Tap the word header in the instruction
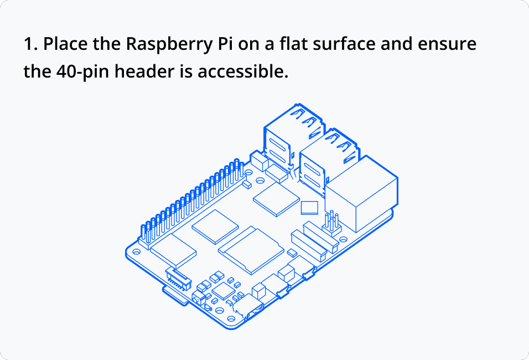click(144, 72)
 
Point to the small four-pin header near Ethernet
click(331, 222)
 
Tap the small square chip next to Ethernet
click(309, 208)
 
